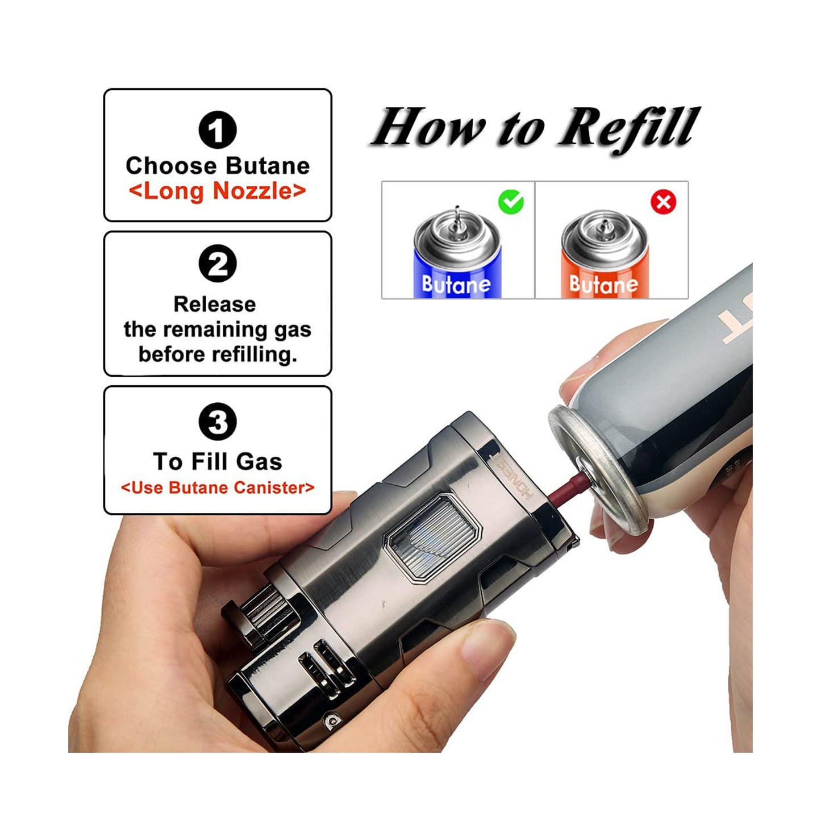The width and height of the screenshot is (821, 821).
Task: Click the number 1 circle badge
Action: click(217, 130)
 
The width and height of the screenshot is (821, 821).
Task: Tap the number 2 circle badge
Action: click(217, 264)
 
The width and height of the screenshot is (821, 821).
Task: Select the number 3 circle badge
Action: click(217, 422)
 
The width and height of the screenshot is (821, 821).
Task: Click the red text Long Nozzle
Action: click(217, 191)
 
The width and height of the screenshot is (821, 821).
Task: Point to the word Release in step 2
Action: click(214, 304)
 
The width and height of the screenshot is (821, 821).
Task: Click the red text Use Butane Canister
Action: click(217, 487)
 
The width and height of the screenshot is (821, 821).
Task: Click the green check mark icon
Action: click(511, 202)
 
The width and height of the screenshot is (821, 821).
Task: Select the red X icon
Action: click(663, 202)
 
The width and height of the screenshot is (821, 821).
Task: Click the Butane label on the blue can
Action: click(456, 284)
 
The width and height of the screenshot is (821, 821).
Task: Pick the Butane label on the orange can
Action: click(603, 284)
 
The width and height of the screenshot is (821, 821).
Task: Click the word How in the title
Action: click(429, 128)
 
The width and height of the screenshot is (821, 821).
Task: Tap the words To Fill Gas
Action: click(217, 461)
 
